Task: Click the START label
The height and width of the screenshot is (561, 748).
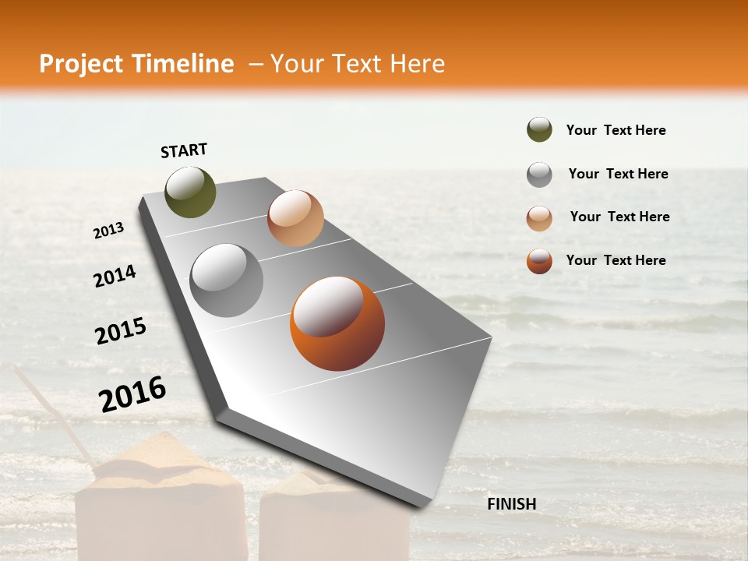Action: pos(184,150)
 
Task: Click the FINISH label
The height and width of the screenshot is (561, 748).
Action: pos(511,504)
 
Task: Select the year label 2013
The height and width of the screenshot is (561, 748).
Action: pos(108,231)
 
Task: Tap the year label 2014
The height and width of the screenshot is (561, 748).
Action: pos(115,277)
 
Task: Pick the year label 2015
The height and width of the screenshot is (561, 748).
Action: pos(121,331)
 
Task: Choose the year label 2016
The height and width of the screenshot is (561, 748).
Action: pos(132,393)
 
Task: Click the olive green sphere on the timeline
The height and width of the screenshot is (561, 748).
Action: pos(190,192)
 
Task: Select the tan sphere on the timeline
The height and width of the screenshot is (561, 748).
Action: pos(295,217)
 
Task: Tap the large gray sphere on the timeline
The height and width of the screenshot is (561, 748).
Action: pos(227,280)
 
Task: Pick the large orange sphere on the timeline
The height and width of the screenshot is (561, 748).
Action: pos(337,323)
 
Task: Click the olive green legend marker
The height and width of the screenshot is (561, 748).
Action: pos(539,130)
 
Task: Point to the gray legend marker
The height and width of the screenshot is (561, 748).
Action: pos(539,175)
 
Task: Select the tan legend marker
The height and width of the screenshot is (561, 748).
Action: pos(539,218)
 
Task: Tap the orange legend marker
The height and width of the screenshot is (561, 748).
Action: pos(539,261)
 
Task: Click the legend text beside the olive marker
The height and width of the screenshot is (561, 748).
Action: pos(616,130)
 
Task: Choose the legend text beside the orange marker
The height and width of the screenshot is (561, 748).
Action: pos(616,260)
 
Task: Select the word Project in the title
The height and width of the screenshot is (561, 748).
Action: pos(81,64)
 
